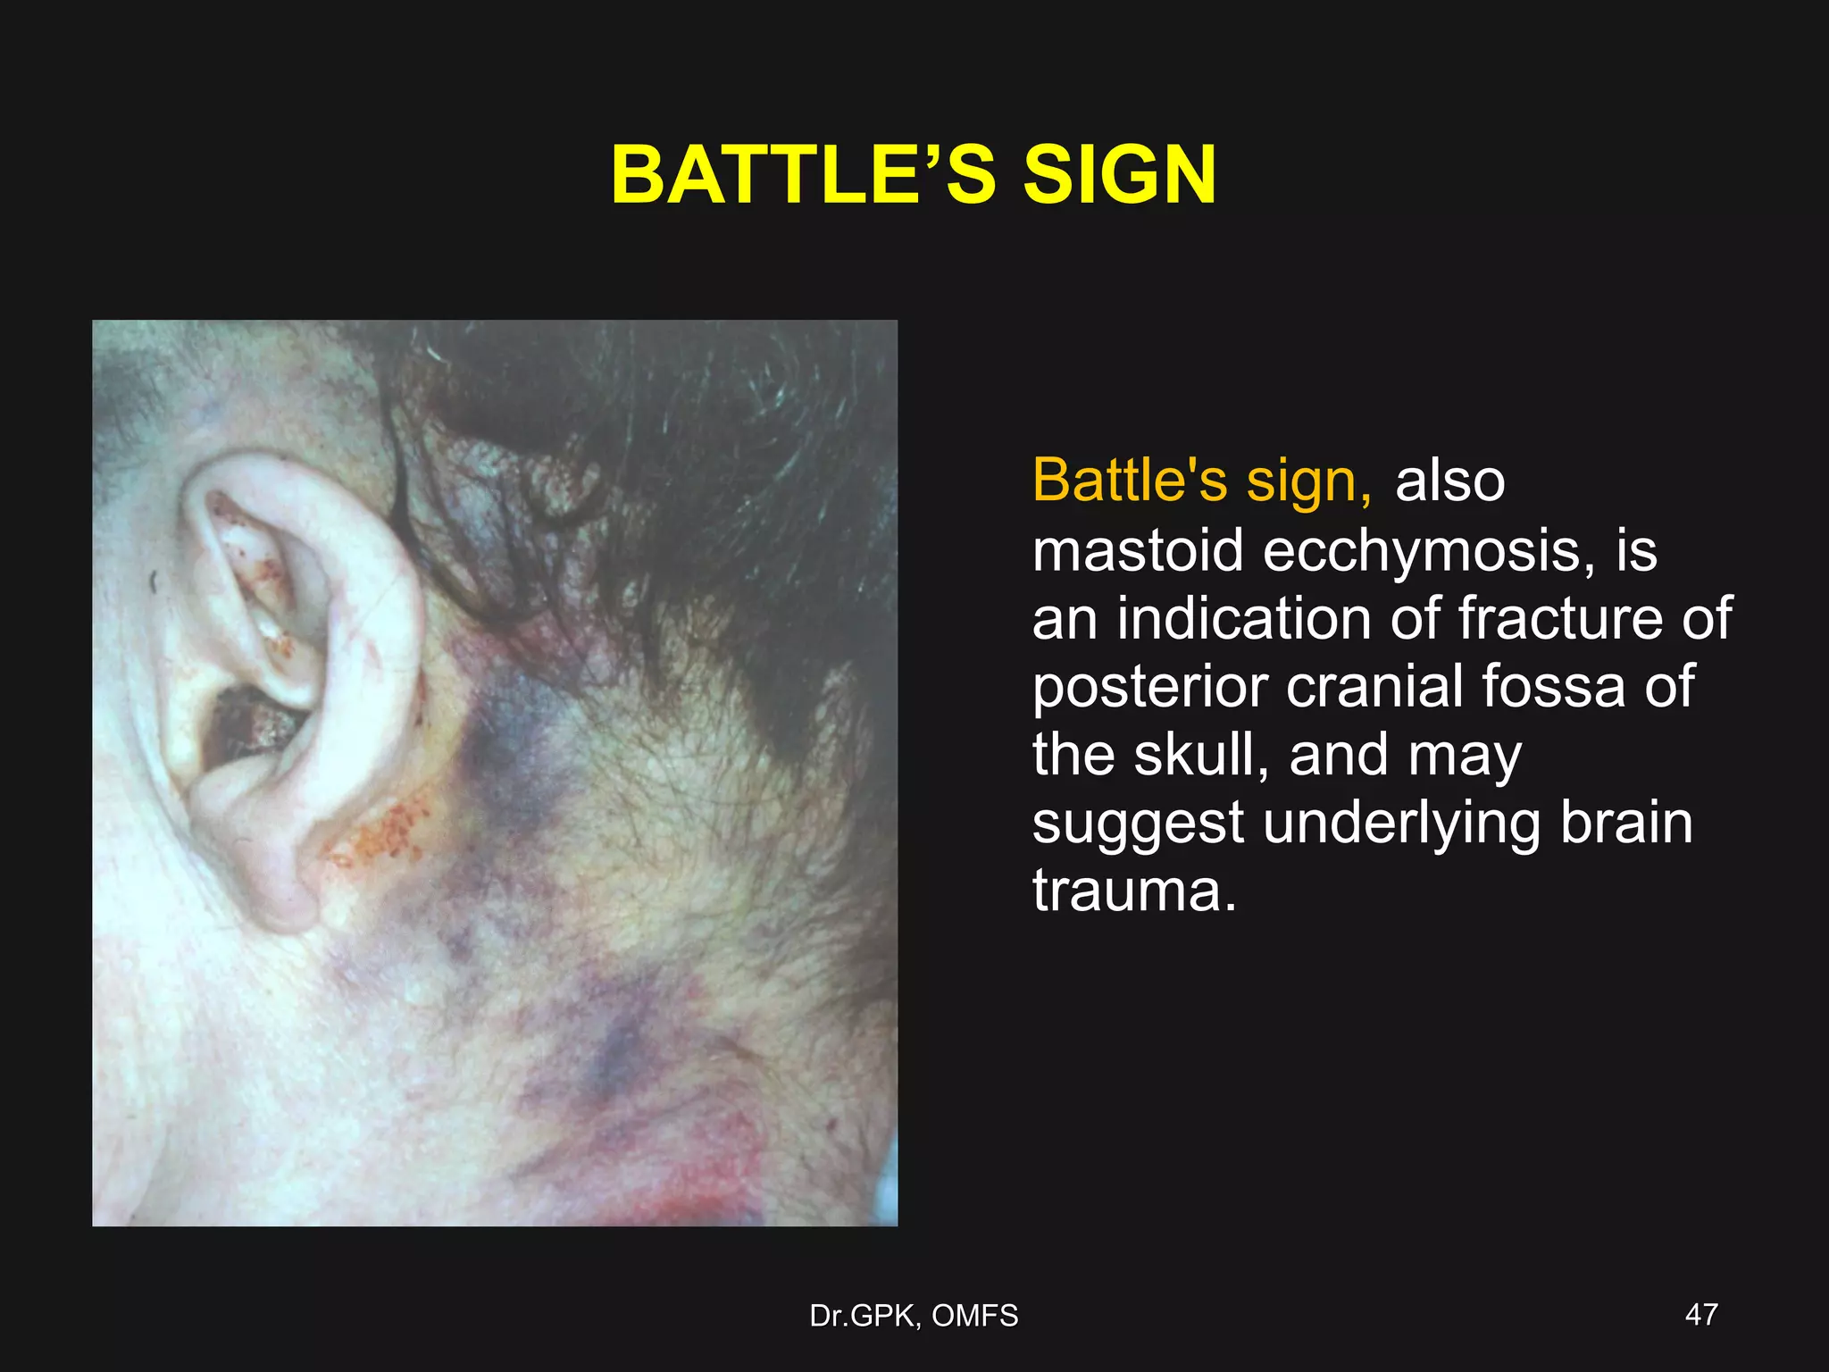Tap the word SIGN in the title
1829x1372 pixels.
coord(1119,175)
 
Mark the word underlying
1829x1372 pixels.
coord(1401,824)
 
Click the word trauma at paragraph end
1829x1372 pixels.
coord(1134,891)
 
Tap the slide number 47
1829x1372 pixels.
coord(1700,1314)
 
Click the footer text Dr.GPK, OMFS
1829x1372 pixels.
coord(914,1316)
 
